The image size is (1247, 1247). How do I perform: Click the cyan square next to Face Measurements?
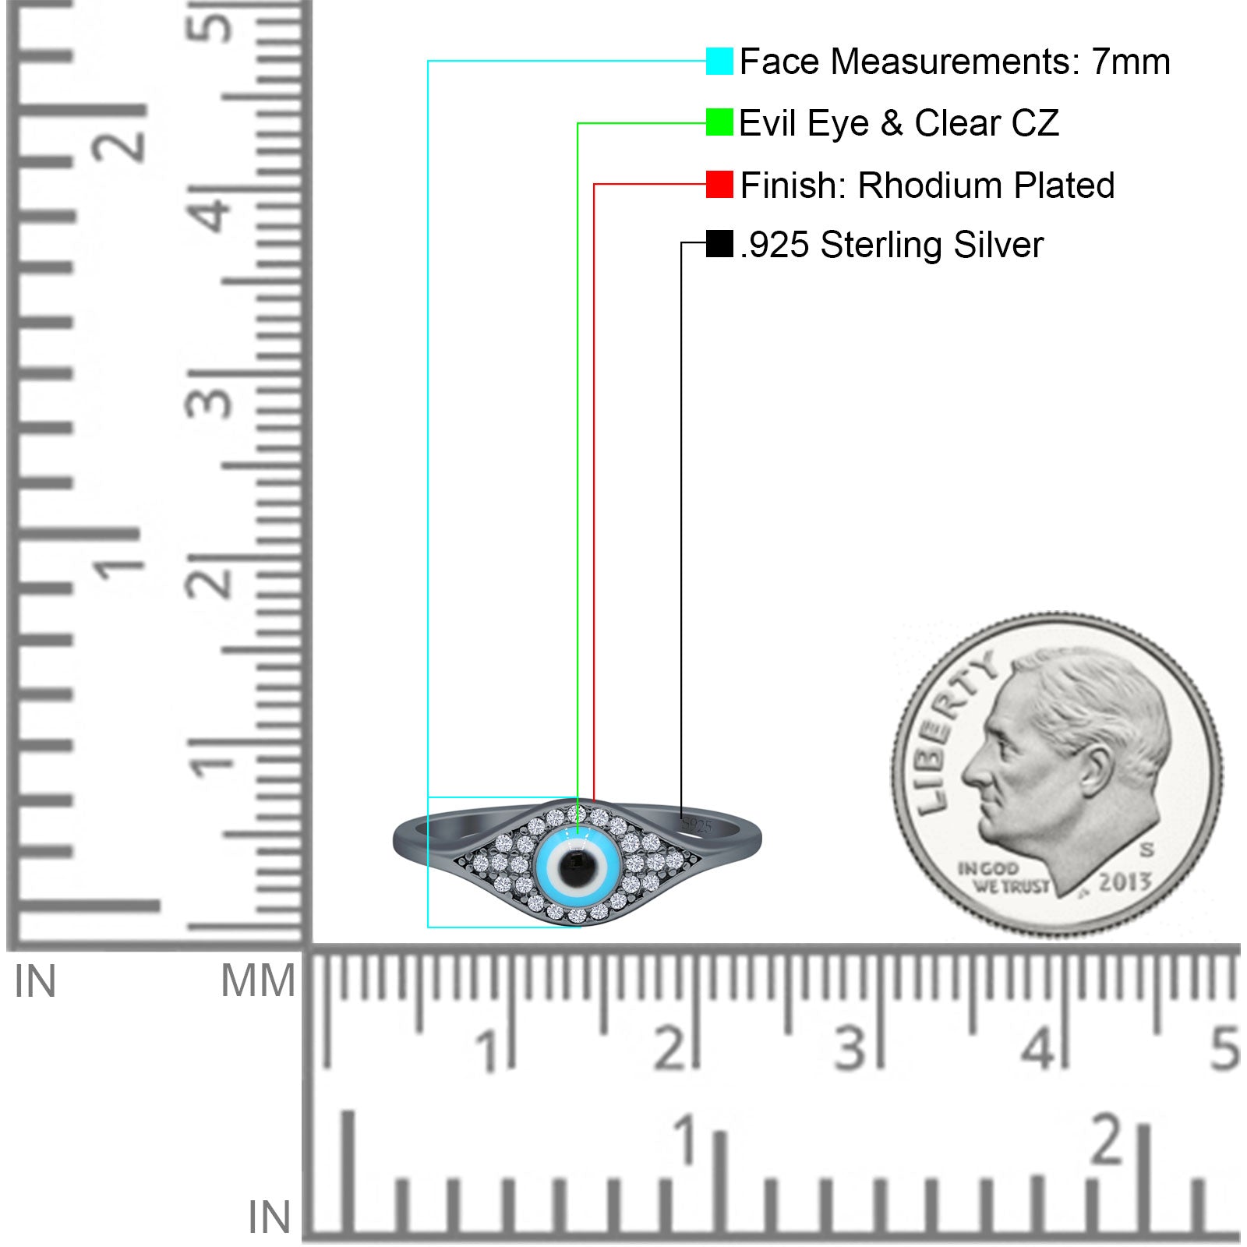(719, 61)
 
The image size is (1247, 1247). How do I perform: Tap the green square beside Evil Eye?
(719, 122)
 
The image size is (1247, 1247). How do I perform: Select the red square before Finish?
(719, 185)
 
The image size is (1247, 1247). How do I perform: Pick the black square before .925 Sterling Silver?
(719, 243)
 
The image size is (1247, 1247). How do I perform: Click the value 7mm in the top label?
(1130, 62)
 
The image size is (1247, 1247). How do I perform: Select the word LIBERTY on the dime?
(951, 733)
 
